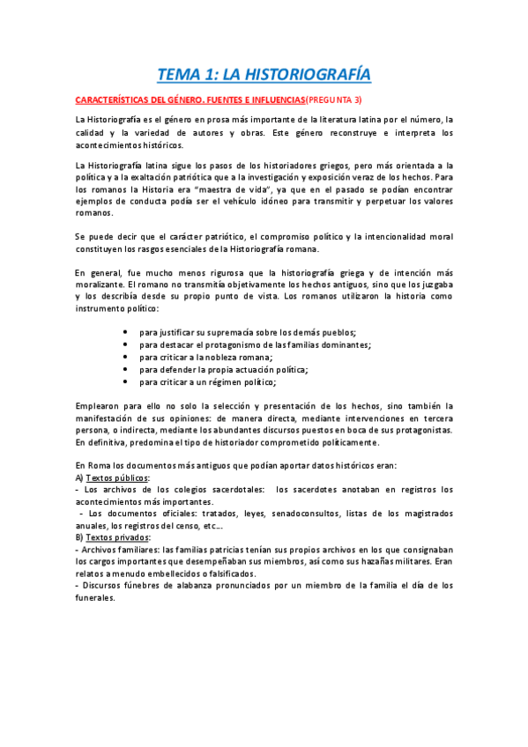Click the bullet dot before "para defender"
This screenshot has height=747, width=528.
127,370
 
